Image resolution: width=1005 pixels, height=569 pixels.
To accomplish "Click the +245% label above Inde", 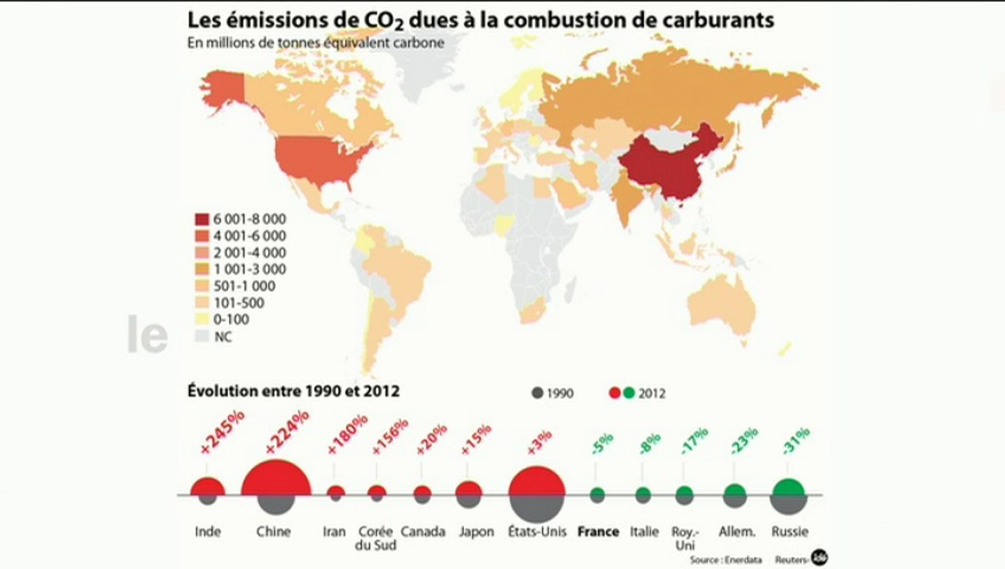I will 222,431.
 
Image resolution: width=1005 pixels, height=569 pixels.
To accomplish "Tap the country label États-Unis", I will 536,532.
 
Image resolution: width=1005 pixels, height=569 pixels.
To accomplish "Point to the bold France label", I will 598,532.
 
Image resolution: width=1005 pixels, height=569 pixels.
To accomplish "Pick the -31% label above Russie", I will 795,441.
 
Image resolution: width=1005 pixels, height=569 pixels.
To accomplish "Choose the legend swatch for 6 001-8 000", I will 201,219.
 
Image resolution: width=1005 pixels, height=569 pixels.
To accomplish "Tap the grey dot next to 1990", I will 537,392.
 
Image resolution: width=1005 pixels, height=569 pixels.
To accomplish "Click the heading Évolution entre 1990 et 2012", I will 293,390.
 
